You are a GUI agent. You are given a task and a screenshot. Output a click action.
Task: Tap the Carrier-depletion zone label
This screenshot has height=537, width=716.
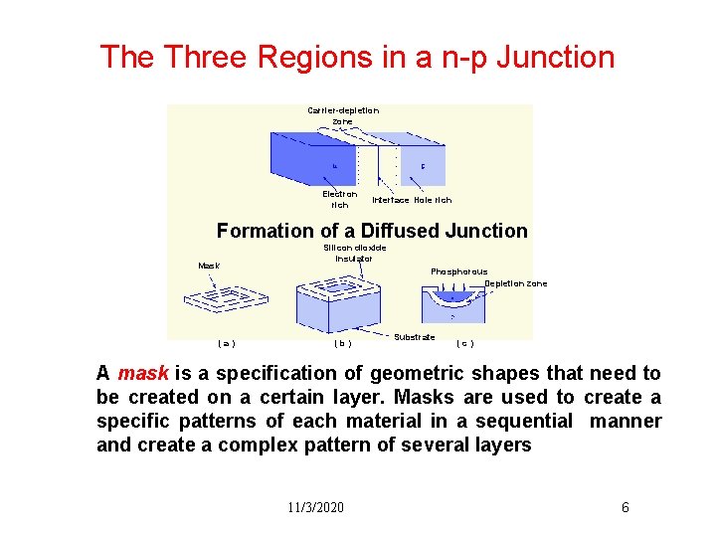(343, 115)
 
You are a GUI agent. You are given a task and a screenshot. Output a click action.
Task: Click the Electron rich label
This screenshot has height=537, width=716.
(340, 199)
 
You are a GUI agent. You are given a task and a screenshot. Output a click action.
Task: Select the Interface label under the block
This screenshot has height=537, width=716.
(391, 200)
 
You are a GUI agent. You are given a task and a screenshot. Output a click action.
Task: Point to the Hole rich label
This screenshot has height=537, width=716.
(433, 200)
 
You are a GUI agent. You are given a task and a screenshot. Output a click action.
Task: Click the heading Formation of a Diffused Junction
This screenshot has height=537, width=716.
(372, 231)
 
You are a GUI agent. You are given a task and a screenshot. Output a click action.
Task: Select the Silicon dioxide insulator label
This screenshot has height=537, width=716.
(355, 253)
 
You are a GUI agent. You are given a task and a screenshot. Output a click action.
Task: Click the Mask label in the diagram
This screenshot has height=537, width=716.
(209, 266)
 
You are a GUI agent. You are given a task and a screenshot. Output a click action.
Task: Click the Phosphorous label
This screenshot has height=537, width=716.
(458, 271)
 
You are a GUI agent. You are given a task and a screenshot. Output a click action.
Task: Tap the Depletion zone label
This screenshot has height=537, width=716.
(515, 283)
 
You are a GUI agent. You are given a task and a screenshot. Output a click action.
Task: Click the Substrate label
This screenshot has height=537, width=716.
(414, 337)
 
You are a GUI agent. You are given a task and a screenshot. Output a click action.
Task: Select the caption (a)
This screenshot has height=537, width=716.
(227, 344)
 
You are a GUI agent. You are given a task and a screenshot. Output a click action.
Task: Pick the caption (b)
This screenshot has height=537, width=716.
(342, 344)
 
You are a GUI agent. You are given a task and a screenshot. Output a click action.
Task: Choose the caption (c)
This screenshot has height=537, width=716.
(464, 344)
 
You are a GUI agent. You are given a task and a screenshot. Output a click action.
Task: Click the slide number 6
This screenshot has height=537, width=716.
(625, 507)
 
